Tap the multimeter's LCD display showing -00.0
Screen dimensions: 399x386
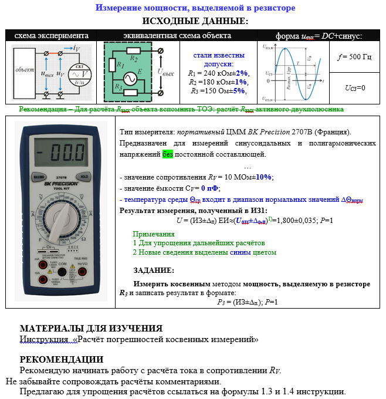tap(61, 155)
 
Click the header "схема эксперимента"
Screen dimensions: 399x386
tap(52, 36)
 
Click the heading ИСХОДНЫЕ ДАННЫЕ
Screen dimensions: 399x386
tap(195, 21)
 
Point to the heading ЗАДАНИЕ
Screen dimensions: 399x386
tap(154, 270)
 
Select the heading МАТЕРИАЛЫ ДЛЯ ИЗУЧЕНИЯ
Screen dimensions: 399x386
tap(91, 329)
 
